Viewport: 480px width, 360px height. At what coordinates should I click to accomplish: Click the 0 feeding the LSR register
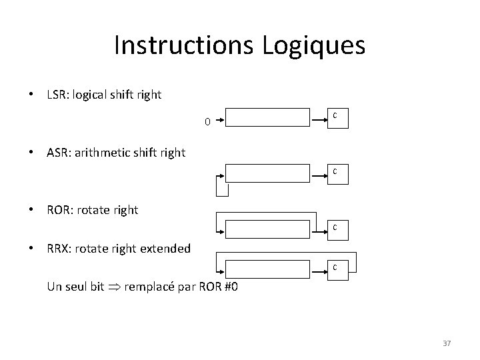(207, 122)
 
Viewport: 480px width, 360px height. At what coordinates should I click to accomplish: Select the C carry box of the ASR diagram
(335, 172)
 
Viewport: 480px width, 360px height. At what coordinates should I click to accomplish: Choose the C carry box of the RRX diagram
(335, 268)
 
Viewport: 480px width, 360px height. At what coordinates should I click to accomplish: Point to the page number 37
(447, 343)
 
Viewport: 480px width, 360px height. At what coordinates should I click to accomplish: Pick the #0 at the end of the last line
(235, 287)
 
